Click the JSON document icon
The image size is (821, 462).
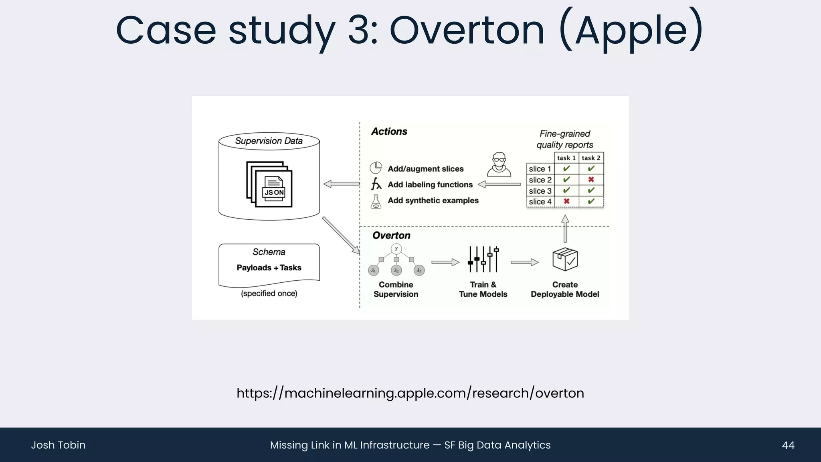click(269, 185)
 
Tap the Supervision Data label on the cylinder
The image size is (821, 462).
click(269, 141)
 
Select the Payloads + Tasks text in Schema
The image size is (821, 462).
click(269, 268)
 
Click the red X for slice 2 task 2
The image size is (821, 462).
click(591, 180)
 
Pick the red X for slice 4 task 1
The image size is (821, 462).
click(566, 201)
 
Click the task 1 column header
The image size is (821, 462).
click(566, 158)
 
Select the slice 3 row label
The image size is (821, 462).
click(540, 191)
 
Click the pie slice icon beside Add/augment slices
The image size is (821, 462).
click(376, 168)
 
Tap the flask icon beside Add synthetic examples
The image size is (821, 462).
click(376, 202)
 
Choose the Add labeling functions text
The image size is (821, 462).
click(430, 185)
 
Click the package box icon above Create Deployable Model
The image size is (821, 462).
click(565, 259)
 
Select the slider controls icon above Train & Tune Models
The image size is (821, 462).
click(483, 259)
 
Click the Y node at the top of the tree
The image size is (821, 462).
click(396, 249)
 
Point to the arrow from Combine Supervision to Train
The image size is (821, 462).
click(445, 262)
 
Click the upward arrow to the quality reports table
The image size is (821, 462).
click(565, 229)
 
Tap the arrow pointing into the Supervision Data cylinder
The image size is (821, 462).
click(342, 184)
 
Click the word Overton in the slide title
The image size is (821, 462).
click(467, 30)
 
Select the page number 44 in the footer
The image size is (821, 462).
click(788, 445)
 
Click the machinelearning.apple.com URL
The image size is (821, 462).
click(410, 393)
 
